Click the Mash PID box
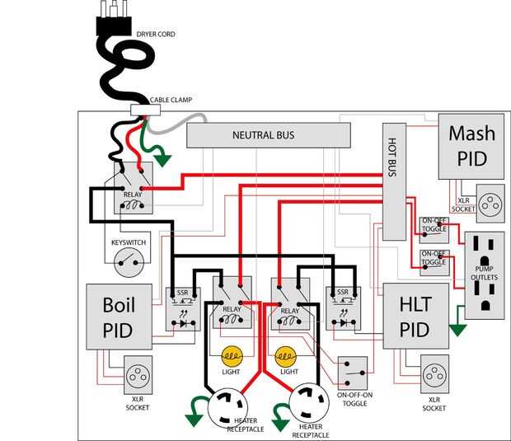[471, 146]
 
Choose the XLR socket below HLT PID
[434, 375]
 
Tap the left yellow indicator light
[232, 357]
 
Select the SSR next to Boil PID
[181, 309]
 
